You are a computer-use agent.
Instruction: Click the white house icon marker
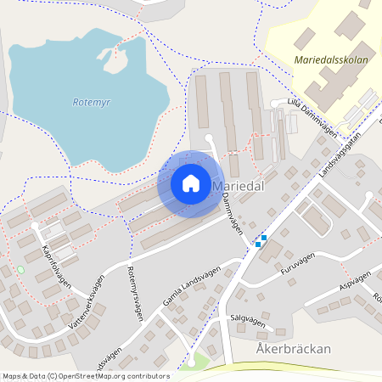coord(191,183)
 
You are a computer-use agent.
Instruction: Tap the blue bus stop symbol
coord(263,239)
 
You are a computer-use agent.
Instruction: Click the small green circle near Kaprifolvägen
coord(20,270)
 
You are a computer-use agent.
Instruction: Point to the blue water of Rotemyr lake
coord(59,76)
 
